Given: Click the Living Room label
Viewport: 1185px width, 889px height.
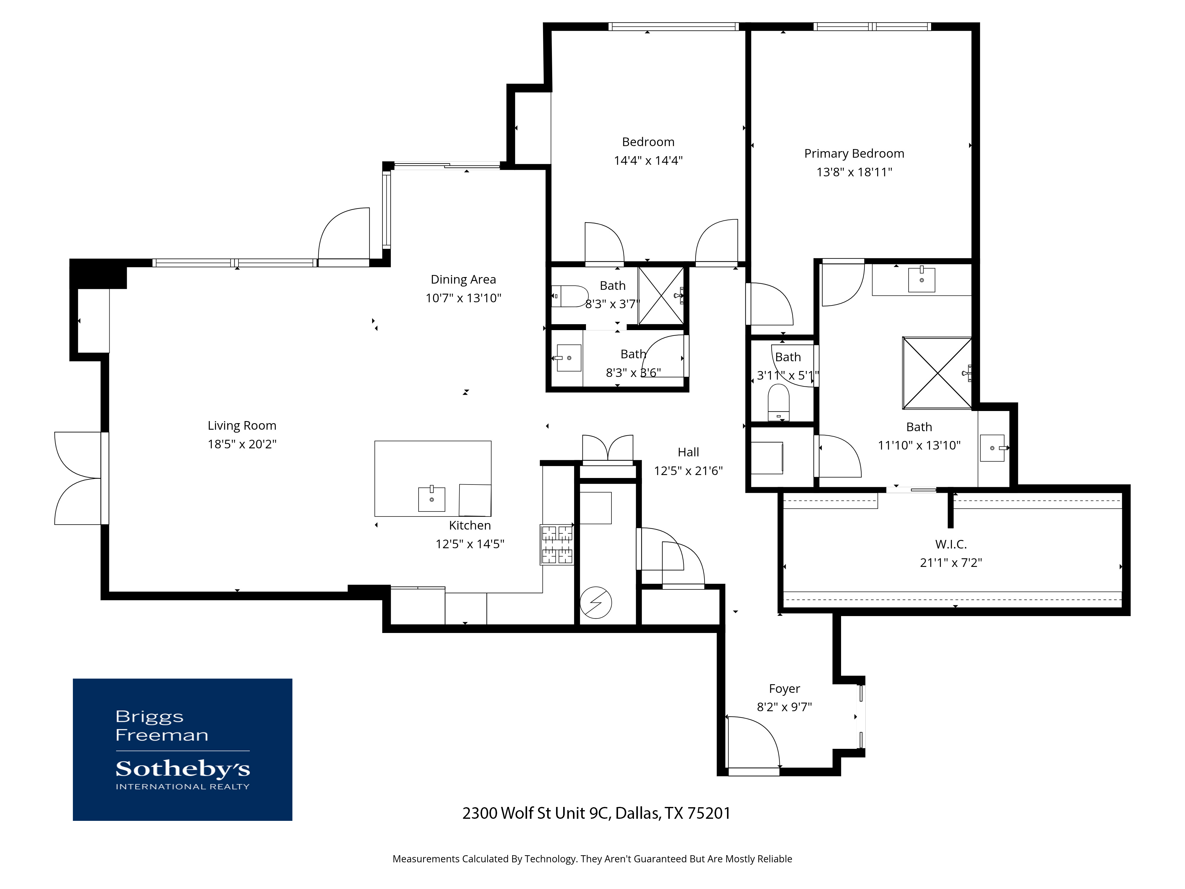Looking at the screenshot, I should (242, 426).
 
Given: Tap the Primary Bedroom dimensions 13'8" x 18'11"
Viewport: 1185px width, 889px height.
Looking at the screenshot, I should (854, 172).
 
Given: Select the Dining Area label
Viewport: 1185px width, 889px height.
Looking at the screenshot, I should (463, 279).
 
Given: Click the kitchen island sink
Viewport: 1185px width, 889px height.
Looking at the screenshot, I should (431, 499).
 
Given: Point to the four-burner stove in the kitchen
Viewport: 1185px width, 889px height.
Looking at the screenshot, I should (557, 544).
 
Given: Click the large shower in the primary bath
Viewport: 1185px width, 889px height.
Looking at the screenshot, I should (936, 373).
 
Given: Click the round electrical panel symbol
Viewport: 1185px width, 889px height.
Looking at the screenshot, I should (596, 603).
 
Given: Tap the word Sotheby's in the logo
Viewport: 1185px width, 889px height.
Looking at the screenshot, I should (183, 769).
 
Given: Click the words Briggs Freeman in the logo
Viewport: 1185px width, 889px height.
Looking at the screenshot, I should (161, 725).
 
